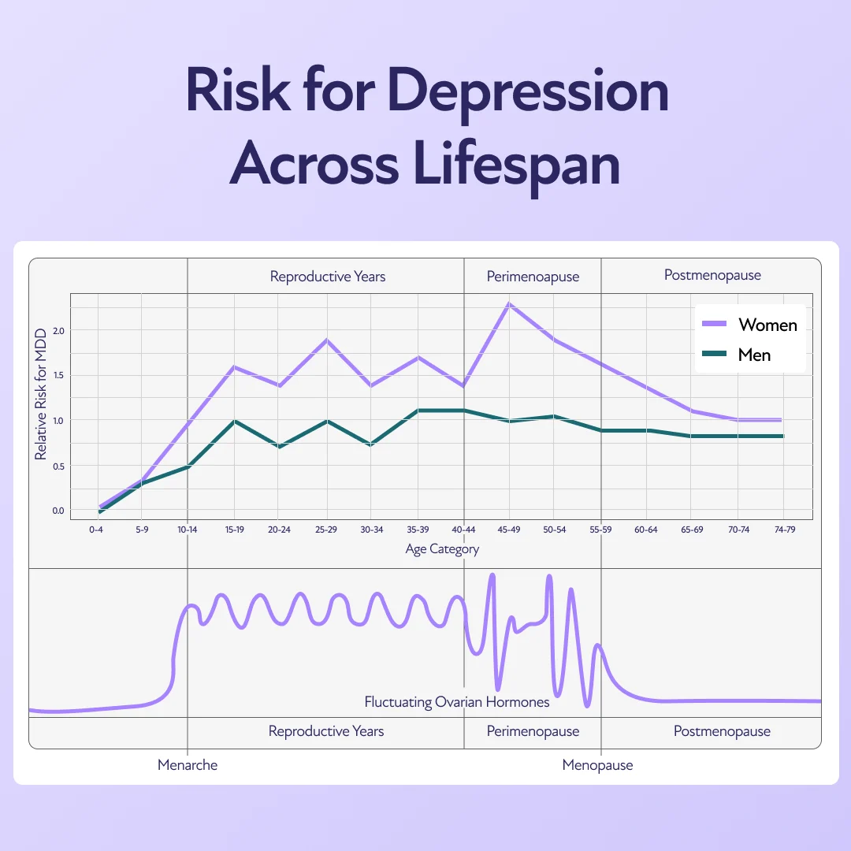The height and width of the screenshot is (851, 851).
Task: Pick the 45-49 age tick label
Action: [x=509, y=530]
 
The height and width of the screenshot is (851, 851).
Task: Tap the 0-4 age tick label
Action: [x=96, y=530]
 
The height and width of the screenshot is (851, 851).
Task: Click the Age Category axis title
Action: [x=442, y=549]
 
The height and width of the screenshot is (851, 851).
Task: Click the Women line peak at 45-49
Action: [x=510, y=303]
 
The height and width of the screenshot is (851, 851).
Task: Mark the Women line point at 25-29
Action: [x=326, y=340]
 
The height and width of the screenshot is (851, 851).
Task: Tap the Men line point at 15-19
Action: [x=234, y=421]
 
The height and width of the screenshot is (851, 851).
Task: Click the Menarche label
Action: [x=188, y=765]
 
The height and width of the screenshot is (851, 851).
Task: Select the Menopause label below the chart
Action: [x=597, y=765]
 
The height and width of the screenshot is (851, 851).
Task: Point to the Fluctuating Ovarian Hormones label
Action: [x=456, y=701]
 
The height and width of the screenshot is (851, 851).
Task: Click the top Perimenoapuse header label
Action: [x=533, y=277]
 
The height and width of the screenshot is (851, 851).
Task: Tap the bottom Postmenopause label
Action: [x=722, y=731]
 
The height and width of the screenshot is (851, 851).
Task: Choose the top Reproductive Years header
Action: [x=328, y=277]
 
